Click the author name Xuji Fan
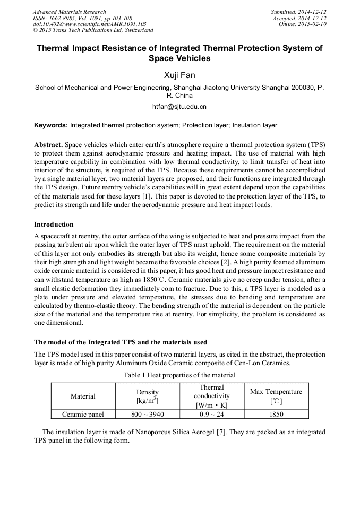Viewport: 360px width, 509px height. point(179,75)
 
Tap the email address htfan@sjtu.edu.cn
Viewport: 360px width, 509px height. point(179,107)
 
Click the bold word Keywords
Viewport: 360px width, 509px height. point(50,126)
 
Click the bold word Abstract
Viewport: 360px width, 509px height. point(48,144)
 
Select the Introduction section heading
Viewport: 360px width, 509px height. point(54,225)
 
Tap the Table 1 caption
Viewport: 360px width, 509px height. point(179,375)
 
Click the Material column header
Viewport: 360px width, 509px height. point(83,396)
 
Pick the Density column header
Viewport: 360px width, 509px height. point(147,396)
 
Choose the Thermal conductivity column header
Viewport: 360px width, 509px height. point(211,396)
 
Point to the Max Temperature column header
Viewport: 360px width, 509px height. point(276,396)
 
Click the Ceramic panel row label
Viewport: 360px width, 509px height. point(83,415)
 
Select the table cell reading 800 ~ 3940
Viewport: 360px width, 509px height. point(147,415)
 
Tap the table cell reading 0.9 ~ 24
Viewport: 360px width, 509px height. point(211,415)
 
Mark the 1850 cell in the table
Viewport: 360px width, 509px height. point(276,415)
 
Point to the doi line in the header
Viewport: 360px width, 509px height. point(89,24)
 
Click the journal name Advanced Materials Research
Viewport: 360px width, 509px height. point(69,12)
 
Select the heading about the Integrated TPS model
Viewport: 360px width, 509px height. point(121,342)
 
